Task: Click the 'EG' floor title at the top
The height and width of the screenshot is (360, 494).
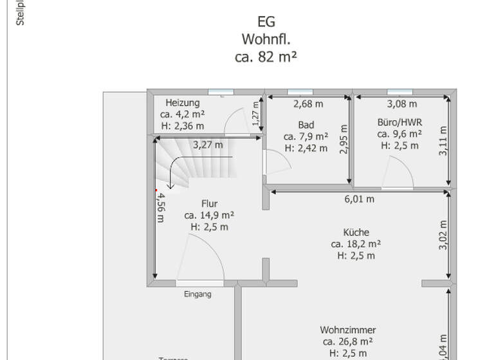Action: coord(266,22)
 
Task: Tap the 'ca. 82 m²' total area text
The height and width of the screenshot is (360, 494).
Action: coord(266,57)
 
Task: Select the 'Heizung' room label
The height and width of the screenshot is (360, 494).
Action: coord(183,103)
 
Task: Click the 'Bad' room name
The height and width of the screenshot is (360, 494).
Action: coord(306,125)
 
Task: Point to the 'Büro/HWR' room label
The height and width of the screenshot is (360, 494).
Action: coord(399,122)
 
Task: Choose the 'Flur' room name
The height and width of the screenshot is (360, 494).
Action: coord(209,204)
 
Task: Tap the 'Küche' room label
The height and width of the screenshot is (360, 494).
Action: coord(356,232)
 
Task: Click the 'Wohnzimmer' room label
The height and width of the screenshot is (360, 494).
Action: coord(348,330)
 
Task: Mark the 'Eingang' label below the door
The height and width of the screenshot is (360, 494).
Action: coord(197,294)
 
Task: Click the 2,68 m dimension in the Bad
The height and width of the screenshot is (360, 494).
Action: coord(309,104)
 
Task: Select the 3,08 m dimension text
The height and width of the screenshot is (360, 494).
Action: coord(402,104)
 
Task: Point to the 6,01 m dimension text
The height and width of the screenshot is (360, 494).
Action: coord(360,199)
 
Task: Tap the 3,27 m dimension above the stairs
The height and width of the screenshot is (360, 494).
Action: coord(208,145)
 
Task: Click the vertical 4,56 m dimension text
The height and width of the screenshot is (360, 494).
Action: coord(161,208)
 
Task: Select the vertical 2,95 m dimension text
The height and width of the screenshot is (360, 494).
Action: coord(343,139)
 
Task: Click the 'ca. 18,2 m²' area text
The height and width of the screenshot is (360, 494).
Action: coord(356,244)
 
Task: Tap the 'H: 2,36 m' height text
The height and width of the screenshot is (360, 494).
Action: coord(183,125)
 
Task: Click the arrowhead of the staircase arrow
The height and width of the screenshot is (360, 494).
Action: coord(170,187)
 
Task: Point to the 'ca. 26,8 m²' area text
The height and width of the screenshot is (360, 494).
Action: coord(348,341)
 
